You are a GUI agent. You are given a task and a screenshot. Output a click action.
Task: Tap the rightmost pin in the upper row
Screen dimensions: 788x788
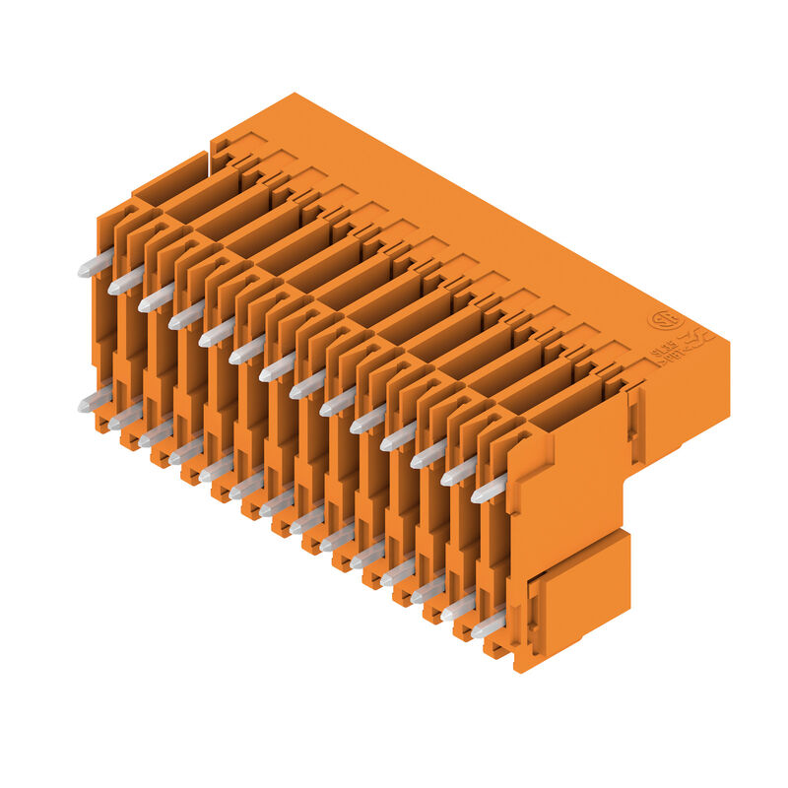pyautogui.click(x=489, y=489)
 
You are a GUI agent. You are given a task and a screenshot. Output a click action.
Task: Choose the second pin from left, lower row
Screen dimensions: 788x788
pyautogui.click(x=125, y=418)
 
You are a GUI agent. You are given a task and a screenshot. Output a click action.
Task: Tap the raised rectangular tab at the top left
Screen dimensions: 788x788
pyautogui.click(x=169, y=178)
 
